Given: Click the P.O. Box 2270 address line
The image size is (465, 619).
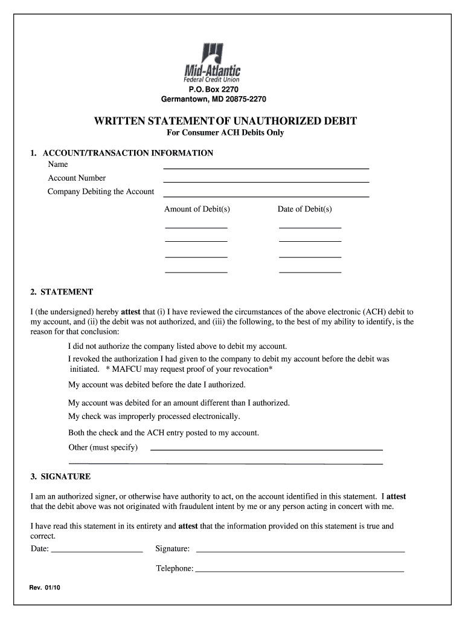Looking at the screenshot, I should point(212,90).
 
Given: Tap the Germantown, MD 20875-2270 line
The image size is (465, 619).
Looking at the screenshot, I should point(213,99).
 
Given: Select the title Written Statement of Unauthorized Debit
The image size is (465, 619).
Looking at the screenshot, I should point(225,121).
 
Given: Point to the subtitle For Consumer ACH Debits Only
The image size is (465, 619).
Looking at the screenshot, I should point(225,133).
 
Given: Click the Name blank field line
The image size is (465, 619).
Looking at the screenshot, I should point(266,167).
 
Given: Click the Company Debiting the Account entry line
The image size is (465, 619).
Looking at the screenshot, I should point(266,195).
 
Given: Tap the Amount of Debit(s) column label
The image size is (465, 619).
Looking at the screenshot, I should point(197,209).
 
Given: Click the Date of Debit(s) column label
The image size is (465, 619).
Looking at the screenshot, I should point(304,209).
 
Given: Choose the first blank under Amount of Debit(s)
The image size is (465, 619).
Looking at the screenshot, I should point(196,227).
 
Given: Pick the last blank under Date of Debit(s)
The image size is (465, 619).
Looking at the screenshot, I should point(310,271).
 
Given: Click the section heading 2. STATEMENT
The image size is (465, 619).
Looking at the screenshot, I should point(62,292).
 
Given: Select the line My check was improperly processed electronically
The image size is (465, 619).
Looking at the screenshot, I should point(154,416).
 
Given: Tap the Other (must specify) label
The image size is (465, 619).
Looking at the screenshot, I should point(103,447).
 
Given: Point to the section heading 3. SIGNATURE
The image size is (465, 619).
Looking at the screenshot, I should point(60,476).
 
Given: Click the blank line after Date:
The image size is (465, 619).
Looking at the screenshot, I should point(97,551).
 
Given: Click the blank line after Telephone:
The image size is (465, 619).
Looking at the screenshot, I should point(300,571).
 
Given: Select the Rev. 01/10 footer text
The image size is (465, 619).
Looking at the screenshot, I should point(45,588).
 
